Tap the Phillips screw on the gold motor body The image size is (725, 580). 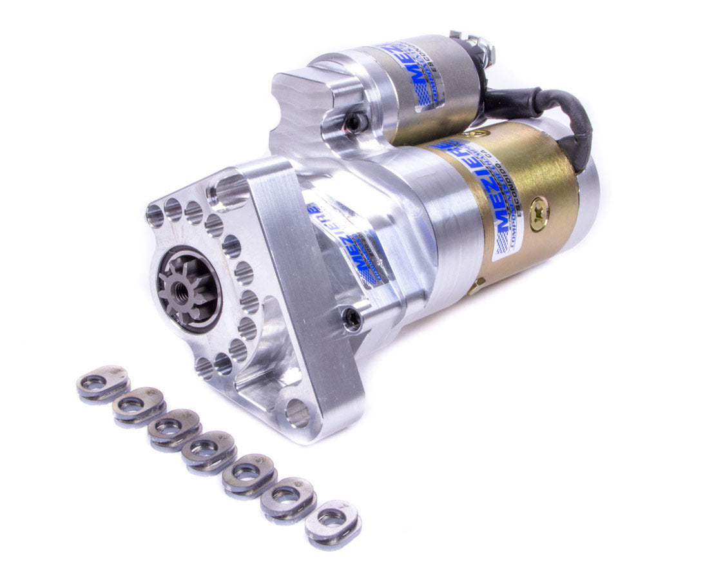tap(539, 214)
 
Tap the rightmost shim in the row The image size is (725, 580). tap(333, 519)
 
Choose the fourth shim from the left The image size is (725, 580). tap(209, 452)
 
